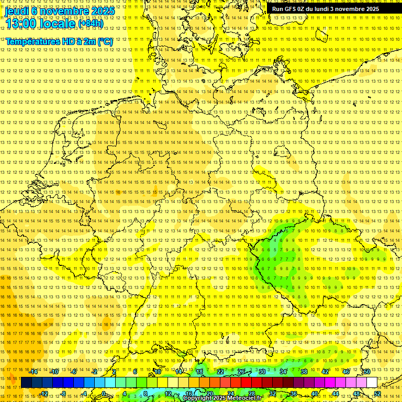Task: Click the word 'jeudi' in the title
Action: (x=17, y=10)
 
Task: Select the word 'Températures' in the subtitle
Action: (x=32, y=41)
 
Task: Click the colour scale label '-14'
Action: (x=33, y=372)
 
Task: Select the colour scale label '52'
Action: (x=377, y=394)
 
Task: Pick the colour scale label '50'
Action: (x=367, y=372)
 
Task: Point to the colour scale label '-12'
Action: (x=43, y=394)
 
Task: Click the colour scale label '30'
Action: (x=262, y=372)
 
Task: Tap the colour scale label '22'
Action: (x=220, y=372)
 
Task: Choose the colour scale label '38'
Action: (x=304, y=372)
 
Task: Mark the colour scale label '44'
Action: (x=336, y=394)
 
